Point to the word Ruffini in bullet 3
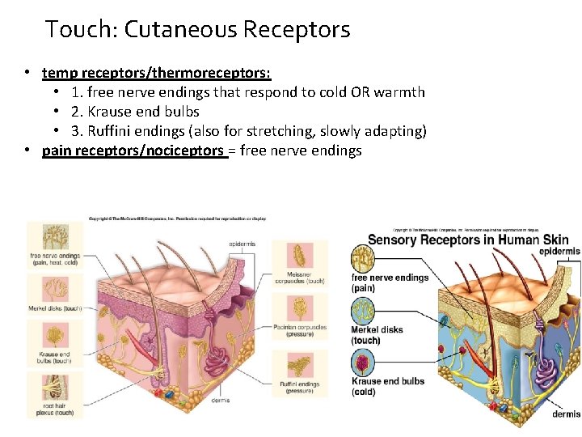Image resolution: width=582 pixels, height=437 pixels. [117, 131]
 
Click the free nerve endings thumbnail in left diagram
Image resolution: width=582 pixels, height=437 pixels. [54, 237]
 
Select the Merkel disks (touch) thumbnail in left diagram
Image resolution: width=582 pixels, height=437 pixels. [54, 291]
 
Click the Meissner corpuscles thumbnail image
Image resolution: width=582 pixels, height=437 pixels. [300, 256]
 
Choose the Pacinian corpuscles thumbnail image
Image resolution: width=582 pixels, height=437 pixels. [300, 308]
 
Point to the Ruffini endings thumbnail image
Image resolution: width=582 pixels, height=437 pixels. [300, 364]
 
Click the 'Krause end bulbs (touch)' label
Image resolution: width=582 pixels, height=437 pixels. [53, 357]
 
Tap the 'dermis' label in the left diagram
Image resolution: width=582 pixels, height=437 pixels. [220, 400]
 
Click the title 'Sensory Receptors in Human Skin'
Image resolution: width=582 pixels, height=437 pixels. [468, 240]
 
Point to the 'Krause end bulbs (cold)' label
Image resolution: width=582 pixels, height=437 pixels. [387, 387]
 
